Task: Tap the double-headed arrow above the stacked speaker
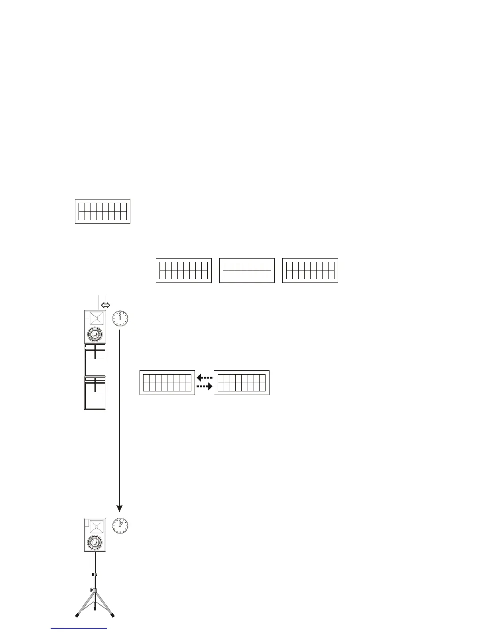tap(106, 306)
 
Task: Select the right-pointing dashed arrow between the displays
tap(205, 387)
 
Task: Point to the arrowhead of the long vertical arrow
tap(119, 508)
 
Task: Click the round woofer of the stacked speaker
tap(95, 334)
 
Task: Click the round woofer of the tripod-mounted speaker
tap(95, 542)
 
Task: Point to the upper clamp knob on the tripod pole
tap(93, 574)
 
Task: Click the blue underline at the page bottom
tap(79, 629)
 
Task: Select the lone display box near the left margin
tap(102, 211)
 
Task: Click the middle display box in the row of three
tap(247, 271)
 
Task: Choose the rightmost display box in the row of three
tap(310, 271)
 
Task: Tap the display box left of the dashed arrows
tap(167, 383)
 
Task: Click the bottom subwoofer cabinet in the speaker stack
tap(95, 393)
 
